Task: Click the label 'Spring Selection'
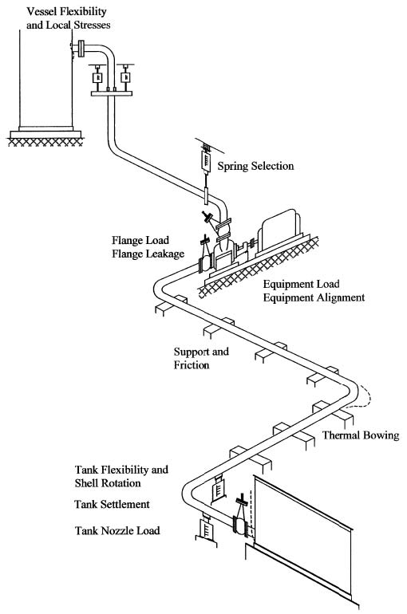[255, 166]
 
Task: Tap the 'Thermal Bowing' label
[361, 435]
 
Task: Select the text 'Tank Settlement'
[112, 504]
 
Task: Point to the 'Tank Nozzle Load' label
[117, 530]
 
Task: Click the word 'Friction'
[192, 365]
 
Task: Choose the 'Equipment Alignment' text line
[314, 297]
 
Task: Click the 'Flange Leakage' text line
[148, 254]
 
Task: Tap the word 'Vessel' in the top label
[40, 11]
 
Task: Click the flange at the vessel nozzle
[81, 49]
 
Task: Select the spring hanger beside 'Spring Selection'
[205, 160]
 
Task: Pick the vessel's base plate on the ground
[45, 135]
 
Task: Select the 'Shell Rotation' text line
[108, 482]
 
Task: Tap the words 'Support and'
[201, 352]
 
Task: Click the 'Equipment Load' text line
[301, 284]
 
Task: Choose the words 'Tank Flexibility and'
[121, 470]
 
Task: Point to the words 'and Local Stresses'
[68, 25]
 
